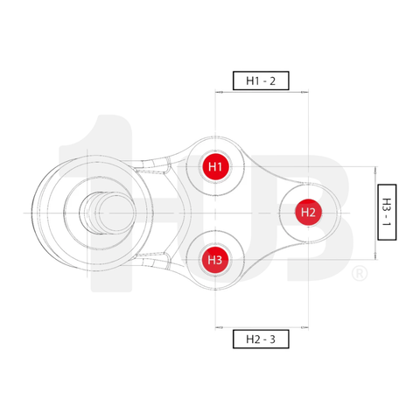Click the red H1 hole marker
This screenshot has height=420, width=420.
point(215,166)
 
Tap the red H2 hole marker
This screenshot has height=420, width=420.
point(307,212)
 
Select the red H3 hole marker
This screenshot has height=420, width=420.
point(215,260)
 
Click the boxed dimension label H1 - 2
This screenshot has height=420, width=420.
point(261,81)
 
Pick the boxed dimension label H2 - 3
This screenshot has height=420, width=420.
point(261,338)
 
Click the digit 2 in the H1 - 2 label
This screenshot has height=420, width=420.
point(274,81)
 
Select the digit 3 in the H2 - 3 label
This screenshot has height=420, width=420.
point(274,338)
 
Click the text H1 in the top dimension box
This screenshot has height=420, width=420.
point(252,81)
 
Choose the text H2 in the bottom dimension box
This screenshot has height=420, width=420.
point(251,338)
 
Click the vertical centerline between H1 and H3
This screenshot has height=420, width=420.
point(215,213)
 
